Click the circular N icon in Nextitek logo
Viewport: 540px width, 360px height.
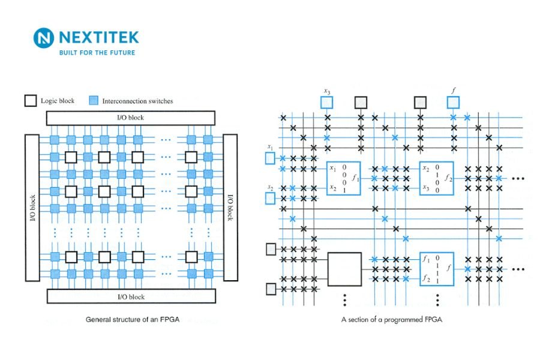(x=44, y=38)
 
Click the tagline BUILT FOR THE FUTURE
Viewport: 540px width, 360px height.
(x=96, y=53)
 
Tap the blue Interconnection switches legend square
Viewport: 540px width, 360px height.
(x=94, y=101)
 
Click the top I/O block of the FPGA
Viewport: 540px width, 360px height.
(x=130, y=118)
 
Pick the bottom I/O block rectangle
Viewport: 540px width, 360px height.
(x=130, y=296)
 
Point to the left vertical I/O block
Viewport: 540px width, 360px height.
(x=32, y=208)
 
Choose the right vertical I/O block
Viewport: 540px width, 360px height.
(x=230, y=208)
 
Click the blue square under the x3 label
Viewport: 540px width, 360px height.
(x=327, y=102)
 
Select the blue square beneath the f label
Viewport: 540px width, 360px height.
(x=453, y=102)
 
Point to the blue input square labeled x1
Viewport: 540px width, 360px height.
(x=270, y=158)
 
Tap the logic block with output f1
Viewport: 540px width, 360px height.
(x=343, y=178)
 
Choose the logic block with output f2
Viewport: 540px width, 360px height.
(x=436, y=178)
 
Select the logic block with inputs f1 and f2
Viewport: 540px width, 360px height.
(x=436, y=269)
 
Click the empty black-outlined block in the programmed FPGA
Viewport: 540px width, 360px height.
(x=344, y=269)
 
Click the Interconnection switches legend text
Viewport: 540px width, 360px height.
(x=137, y=101)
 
